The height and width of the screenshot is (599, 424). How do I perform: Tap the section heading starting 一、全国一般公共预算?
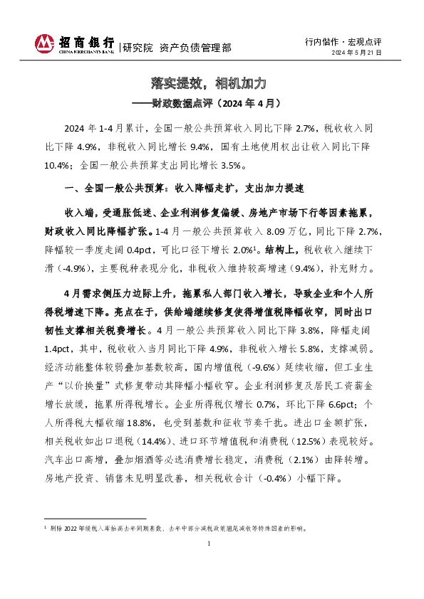[183, 189]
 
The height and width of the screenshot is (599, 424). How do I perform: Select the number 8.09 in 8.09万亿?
[278, 232]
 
